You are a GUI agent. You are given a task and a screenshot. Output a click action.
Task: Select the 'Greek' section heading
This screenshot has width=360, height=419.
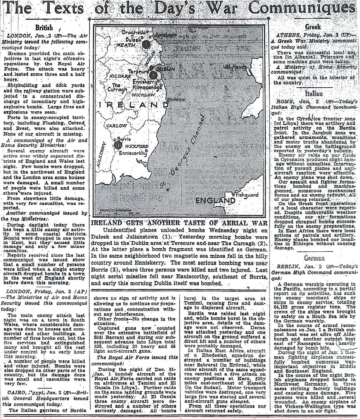312,28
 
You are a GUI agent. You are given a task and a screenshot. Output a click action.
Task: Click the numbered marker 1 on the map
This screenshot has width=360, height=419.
145,44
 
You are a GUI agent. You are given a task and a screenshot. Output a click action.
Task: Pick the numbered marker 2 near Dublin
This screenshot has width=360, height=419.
154,75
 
